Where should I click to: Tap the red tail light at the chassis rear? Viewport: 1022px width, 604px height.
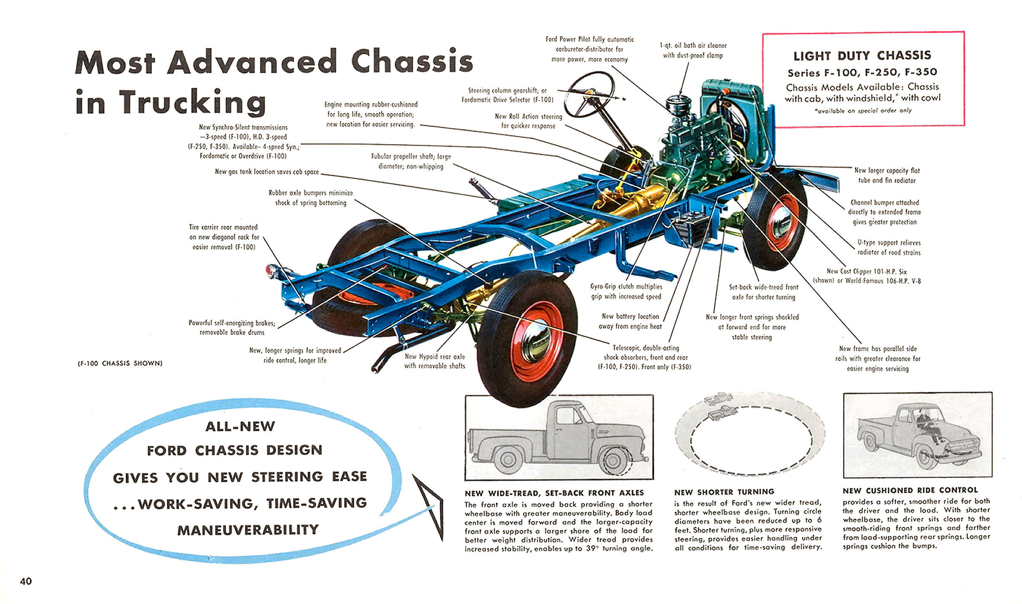tap(270, 271)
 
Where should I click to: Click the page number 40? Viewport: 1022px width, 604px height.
tap(26, 581)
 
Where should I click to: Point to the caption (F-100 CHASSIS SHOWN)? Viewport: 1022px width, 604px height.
tap(120, 363)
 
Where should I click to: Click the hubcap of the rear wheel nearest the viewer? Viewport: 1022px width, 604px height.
tap(536, 340)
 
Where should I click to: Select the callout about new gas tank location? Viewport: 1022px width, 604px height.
tap(267, 172)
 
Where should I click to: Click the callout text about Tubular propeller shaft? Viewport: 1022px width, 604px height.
tap(411, 161)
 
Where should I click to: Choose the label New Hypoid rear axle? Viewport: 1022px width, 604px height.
tap(434, 361)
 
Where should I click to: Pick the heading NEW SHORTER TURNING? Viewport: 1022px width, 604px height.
tap(724, 492)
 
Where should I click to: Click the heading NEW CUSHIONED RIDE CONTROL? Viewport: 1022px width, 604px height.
tap(910, 491)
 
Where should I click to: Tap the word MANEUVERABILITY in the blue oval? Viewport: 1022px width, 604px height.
tap(248, 530)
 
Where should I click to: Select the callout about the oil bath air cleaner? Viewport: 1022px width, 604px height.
tap(693, 50)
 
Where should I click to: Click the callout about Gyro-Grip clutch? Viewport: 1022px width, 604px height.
tap(626, 291)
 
